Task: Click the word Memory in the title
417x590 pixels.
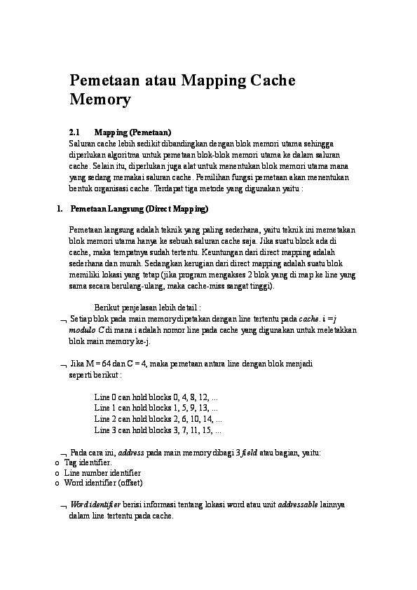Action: (100, 100)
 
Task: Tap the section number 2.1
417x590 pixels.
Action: (75, 132)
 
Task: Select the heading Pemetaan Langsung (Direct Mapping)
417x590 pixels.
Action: (139, 209)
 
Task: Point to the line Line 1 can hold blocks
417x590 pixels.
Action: (156, 407)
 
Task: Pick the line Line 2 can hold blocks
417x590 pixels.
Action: (156, 418)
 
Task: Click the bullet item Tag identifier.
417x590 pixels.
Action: (88, 463)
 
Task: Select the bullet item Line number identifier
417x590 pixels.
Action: (102, 473)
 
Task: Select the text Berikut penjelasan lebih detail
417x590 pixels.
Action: (147, 307)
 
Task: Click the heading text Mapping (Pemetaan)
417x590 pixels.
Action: (133, 132)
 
